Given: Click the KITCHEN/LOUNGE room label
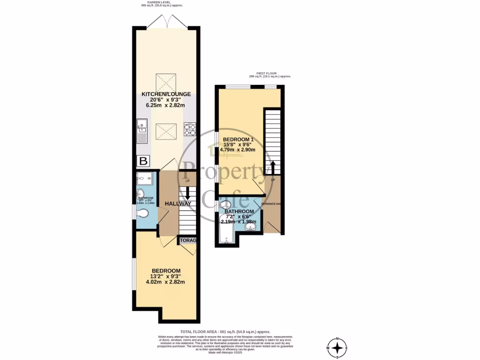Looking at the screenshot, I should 166,94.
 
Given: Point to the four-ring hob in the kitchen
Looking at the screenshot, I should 189,129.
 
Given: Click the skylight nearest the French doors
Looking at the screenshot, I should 166,82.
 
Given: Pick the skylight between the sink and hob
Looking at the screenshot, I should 166,129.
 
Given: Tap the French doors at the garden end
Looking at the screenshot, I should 166,21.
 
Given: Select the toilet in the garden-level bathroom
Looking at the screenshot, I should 143,214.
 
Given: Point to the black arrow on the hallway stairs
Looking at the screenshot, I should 188,193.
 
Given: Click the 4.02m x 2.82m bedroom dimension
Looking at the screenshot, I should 165,282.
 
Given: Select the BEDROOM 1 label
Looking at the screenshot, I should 238,140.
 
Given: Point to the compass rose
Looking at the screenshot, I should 337,348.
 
